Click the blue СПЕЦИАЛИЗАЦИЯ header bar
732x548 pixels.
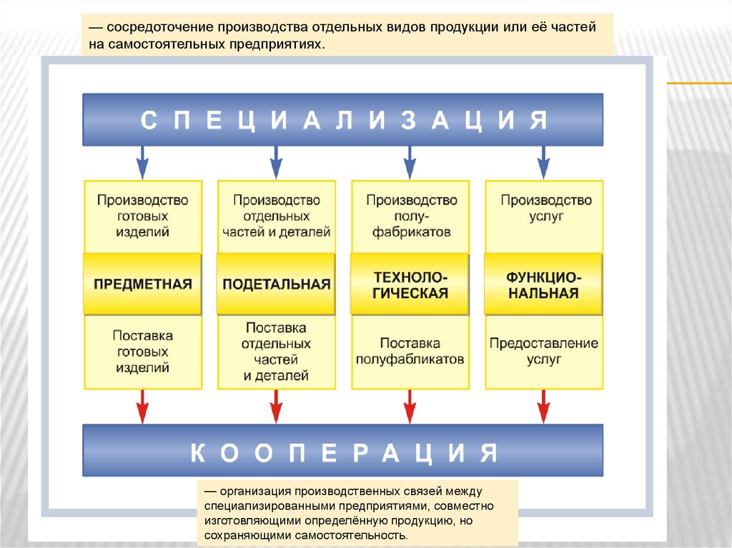click(x=342, y=119)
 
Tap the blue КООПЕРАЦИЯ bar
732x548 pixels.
click(x=342, y=450)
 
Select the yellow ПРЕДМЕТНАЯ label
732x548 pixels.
click(x=143, y=284)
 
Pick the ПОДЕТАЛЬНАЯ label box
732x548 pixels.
click(x=276, y=284)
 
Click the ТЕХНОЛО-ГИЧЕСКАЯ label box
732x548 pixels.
click(x=410, y=284)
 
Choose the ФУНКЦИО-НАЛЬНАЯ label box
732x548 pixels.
click(x=543, y=284)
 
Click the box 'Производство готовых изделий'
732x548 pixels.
click(x=143, y=216)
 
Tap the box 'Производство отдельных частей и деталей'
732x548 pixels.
click(x=276, y=216)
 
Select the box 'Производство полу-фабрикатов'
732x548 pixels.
click(x=410, y=216)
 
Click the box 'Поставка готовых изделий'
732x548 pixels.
click(x=143, y=352)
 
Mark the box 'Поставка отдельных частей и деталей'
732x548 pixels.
click(x=276, y=352)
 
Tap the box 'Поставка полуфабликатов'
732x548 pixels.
click(x=410, y=352)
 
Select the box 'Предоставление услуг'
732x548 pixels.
click(x=543, y=352)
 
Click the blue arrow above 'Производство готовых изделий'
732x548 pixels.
click(x=143, y=162)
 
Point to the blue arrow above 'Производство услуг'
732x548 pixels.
click(x=543, y=162)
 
